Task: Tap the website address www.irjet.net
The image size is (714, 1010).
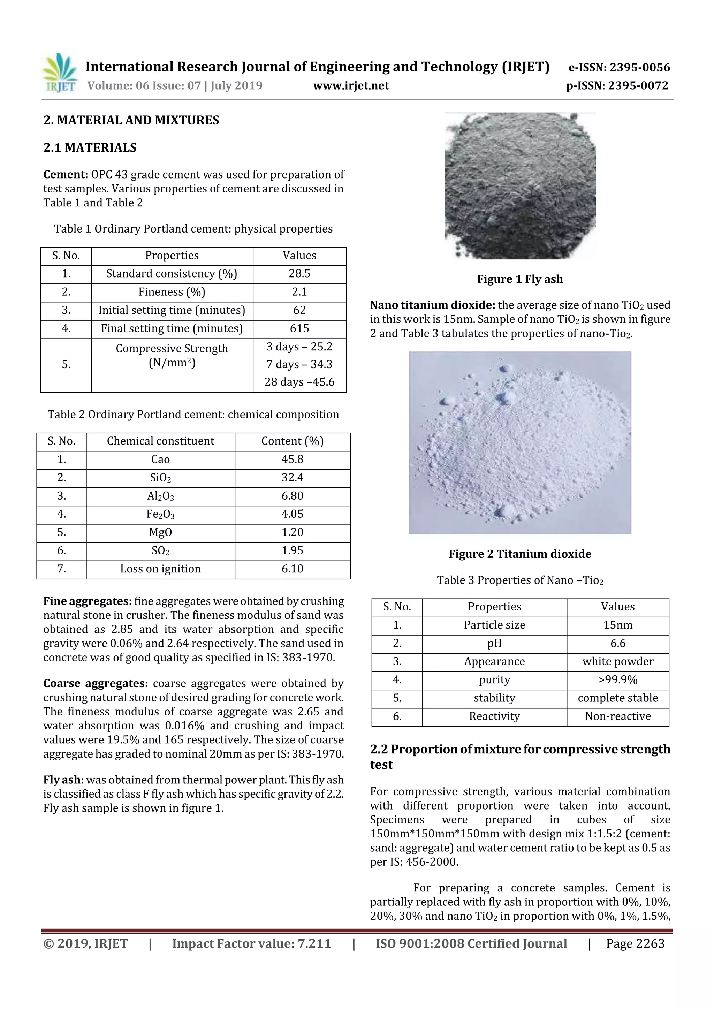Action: [351, 85]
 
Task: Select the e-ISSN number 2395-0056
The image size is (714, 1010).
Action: [619, 67]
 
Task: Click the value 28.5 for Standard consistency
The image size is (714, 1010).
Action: [299, 274]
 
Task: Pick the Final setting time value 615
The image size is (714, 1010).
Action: [299, 328]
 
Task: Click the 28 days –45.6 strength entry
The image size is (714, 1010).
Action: [299, 382]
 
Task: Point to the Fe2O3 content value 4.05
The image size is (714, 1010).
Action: [292, 514]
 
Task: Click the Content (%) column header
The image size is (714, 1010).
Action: [292, 441]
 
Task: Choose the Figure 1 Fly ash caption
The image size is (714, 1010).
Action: [519, 279]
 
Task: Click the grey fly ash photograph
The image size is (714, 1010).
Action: [519, 185]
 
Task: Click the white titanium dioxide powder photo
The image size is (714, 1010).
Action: [519, 442]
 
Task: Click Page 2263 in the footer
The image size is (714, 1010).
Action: [635, 943]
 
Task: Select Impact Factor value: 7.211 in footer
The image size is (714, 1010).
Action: [251, 943]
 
